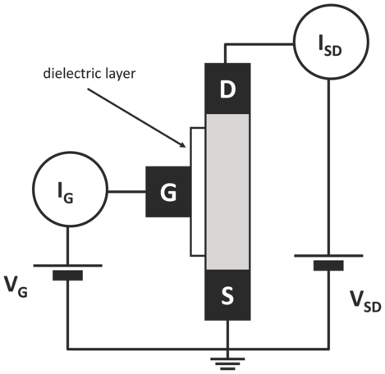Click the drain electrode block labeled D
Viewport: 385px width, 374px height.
point(227,89)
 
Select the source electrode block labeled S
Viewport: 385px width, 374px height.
point(227,294)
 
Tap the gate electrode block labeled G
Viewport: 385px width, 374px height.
point(168,192)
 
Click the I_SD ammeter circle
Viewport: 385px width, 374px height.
point(331,42)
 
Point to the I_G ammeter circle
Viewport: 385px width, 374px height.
point(69,189)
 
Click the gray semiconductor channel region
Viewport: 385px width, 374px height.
point(227,192)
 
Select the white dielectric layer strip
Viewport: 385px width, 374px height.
point(198,192)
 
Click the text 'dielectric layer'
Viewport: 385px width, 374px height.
point(89,74)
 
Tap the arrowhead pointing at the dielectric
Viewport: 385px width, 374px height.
point(183,145)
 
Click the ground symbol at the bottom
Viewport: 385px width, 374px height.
point(227,363)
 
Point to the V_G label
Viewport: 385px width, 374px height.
point(16,287)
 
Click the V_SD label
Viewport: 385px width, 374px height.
point(365,303)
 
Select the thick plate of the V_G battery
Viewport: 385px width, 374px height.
point(67,276)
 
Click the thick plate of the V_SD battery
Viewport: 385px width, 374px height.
point(328,266)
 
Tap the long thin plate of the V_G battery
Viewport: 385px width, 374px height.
point(68,265)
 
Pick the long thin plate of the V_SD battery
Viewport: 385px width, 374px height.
point(328,256)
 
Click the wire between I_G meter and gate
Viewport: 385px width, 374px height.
point(126,192)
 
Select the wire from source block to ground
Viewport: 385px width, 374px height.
point(227,339)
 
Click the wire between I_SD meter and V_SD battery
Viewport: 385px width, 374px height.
point(329,167)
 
